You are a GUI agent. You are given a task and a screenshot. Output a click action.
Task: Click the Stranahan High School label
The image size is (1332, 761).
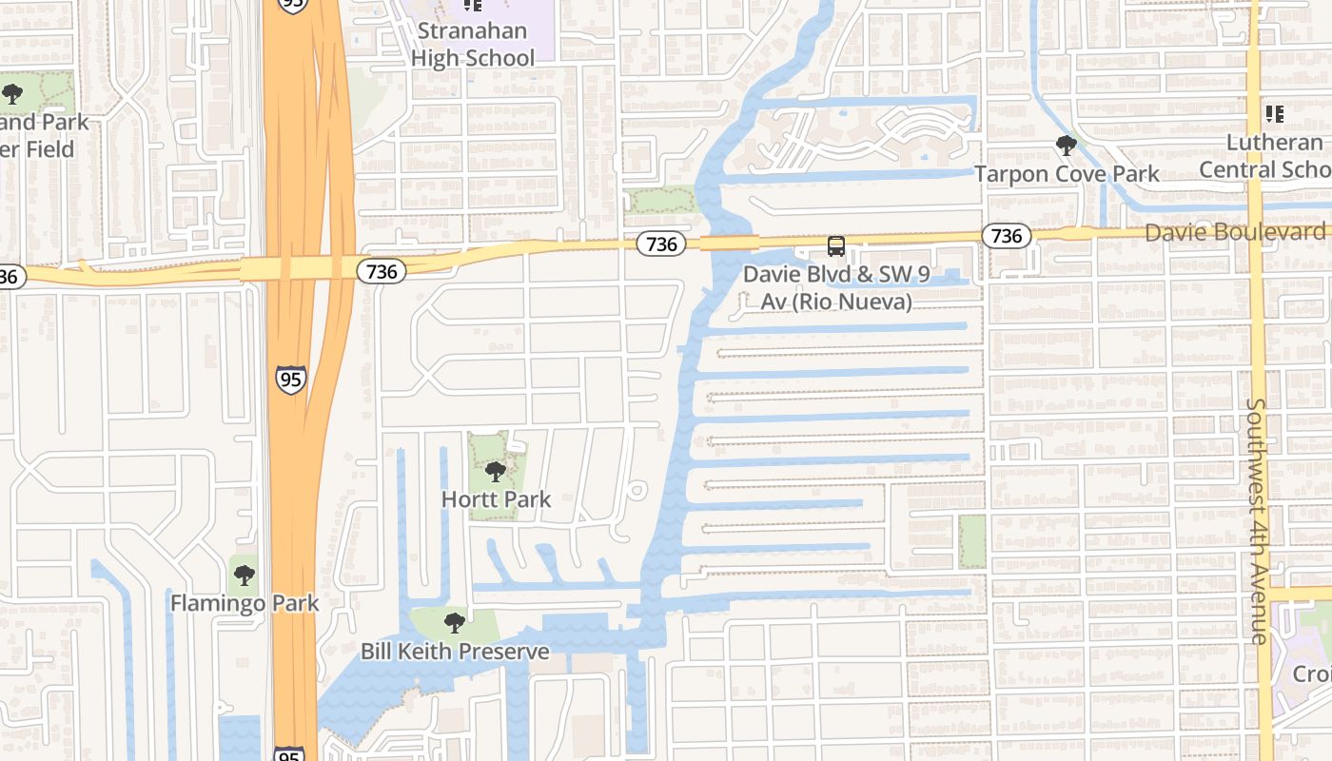point(473,45)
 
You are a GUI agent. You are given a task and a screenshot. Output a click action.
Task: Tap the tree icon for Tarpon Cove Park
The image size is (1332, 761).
point(1067,146)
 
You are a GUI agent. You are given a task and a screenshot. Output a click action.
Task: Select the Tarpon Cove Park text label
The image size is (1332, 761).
point(1067,174)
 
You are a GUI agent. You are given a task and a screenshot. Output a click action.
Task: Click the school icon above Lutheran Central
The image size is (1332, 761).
point(1274,114)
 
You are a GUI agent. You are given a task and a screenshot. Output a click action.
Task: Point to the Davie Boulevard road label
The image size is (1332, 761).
point(1233,232)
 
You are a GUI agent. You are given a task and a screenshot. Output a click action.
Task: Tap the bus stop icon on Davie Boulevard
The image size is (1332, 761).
point(835,246)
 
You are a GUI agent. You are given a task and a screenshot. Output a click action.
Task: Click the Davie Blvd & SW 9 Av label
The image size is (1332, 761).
point(835,287)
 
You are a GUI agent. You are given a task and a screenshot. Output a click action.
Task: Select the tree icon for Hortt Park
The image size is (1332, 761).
point(495,471)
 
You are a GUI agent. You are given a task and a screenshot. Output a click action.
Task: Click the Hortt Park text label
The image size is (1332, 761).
point(496,499)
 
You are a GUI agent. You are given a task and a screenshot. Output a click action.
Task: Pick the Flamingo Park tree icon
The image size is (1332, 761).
point(245,575)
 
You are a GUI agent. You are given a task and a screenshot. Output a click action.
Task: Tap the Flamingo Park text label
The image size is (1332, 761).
point(245,603)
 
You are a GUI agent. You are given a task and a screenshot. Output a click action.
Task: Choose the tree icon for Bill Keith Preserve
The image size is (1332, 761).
point(455,623)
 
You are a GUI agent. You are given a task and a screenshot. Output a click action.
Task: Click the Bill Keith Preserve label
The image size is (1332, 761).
point(455,652)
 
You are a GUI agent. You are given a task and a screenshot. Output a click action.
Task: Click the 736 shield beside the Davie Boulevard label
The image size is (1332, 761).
point(1006,236)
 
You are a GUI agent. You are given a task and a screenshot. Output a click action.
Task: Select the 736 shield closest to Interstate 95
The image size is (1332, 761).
point(382,271)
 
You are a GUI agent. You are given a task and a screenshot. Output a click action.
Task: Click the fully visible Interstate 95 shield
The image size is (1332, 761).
point(291,379)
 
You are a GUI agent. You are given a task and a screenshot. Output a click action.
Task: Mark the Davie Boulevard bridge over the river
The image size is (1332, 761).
point(730,243)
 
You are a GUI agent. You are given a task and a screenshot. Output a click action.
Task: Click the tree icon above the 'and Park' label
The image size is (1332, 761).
point(11,93)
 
